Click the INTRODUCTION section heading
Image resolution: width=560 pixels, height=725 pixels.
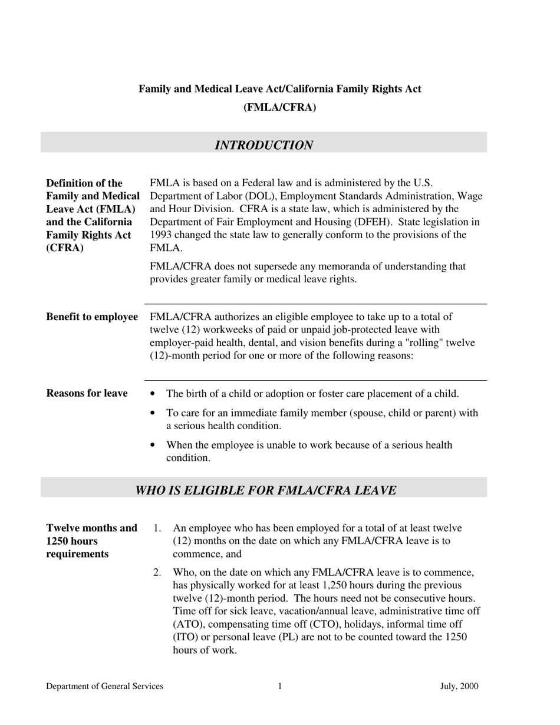[x=263, y=146]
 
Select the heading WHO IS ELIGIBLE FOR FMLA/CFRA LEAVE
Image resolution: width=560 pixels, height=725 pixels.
[x=265, y=490]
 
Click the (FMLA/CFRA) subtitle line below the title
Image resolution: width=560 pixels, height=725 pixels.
[x=279, y=107]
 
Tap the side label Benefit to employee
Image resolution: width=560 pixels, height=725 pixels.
[x=92, y=317]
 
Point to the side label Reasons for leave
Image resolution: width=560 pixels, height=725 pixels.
[x=87, y=393]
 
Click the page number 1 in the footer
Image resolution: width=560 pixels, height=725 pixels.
[x=280, y=686]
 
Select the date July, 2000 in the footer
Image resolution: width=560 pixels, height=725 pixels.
[x=459, y=686]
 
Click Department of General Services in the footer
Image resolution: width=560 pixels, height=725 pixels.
[x=104, y=686]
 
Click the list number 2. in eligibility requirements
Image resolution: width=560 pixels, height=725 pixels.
[x=157, y=572]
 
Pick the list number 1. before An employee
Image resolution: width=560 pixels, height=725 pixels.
[x=157, y=528]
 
